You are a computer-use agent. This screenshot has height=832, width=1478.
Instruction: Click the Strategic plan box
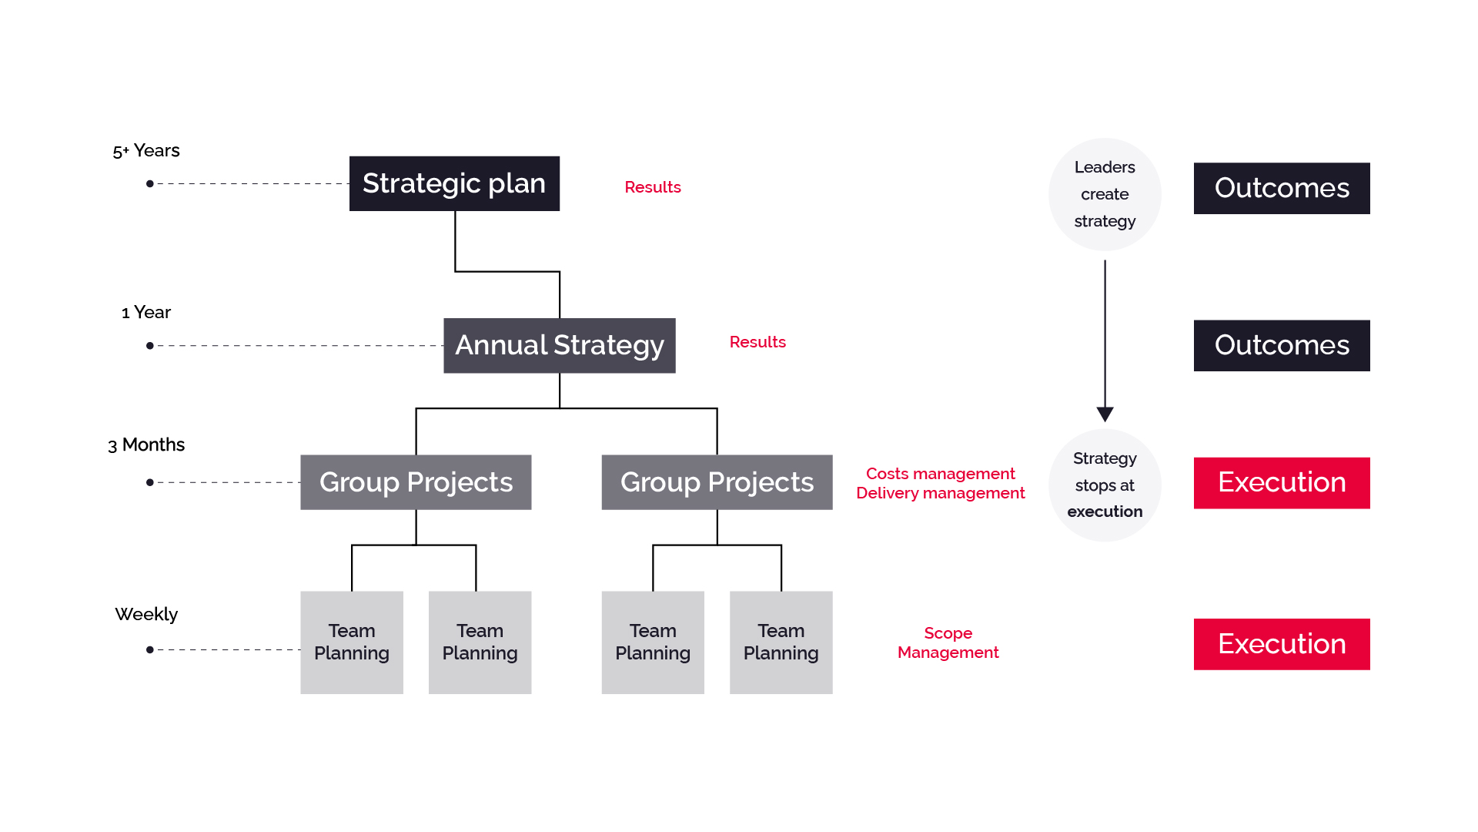[x=454, y=183]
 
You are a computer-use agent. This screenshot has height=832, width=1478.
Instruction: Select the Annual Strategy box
[x=560, y=345]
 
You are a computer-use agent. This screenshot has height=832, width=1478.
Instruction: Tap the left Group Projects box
[x=416, y=482]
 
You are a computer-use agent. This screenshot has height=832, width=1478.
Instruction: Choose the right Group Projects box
[x=717, y=482]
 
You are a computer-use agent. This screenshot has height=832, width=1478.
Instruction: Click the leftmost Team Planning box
[x=352, y=642]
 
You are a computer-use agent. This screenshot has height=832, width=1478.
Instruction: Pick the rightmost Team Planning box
[x=781, y=642]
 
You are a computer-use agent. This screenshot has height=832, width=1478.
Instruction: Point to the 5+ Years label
[x=146, y=150]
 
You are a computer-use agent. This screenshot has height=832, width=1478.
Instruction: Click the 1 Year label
[x=146, y=312]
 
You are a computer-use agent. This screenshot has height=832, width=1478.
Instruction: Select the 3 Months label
[x=146, y=445]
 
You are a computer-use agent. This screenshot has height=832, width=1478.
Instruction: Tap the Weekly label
[x=146, y=614]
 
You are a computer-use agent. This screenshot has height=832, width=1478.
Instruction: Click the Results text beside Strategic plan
[x=653, y=187]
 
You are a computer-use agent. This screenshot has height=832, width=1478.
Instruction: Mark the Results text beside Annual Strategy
[x=757, y=342]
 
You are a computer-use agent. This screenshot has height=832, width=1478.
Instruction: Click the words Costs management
[x=940, y=474]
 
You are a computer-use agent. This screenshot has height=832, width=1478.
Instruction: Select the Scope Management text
[x=948, y=642]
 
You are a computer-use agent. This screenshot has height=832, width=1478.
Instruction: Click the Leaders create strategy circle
[x=1105, y=194]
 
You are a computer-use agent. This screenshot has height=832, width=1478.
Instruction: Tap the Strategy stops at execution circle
[x=1105, y=485]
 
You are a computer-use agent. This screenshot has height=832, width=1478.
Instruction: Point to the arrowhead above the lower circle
[x=1105, y=414]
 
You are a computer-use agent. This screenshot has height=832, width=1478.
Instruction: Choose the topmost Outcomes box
[x=1282, y=188]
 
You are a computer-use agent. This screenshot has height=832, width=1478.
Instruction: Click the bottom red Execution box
[x=1282, y=644]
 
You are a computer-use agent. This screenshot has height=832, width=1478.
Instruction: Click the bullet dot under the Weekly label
[x=150, y=649]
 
